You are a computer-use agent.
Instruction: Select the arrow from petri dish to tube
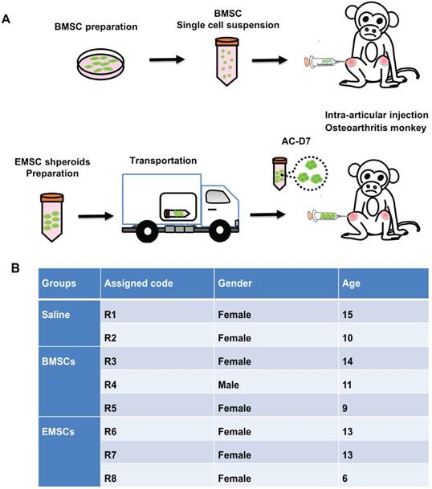tap(167, 59)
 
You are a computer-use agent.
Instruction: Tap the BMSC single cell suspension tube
tap(227, 62)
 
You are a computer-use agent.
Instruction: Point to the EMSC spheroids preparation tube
tap(51, 217)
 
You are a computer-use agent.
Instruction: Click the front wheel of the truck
tap(219, 230)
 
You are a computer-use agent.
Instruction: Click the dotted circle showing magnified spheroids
tap(311, 173)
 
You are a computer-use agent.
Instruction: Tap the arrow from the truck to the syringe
tap(267, 214)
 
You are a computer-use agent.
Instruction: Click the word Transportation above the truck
tap(163, 161)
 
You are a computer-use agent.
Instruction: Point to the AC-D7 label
tap(296, 141)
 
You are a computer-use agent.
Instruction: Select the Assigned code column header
tap(138, 283)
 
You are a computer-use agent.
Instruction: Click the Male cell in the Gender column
tap(228, 385)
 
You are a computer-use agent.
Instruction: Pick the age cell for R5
tap(344, 408)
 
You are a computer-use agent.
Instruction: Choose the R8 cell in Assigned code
tap(110, 479)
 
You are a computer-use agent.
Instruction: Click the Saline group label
tap(56, 315)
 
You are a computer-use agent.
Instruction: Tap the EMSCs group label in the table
tap(59, 432)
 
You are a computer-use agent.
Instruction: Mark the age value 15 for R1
tap(347, 315)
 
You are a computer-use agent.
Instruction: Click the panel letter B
tap(15, 268)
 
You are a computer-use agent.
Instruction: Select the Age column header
tap(351, 283)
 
